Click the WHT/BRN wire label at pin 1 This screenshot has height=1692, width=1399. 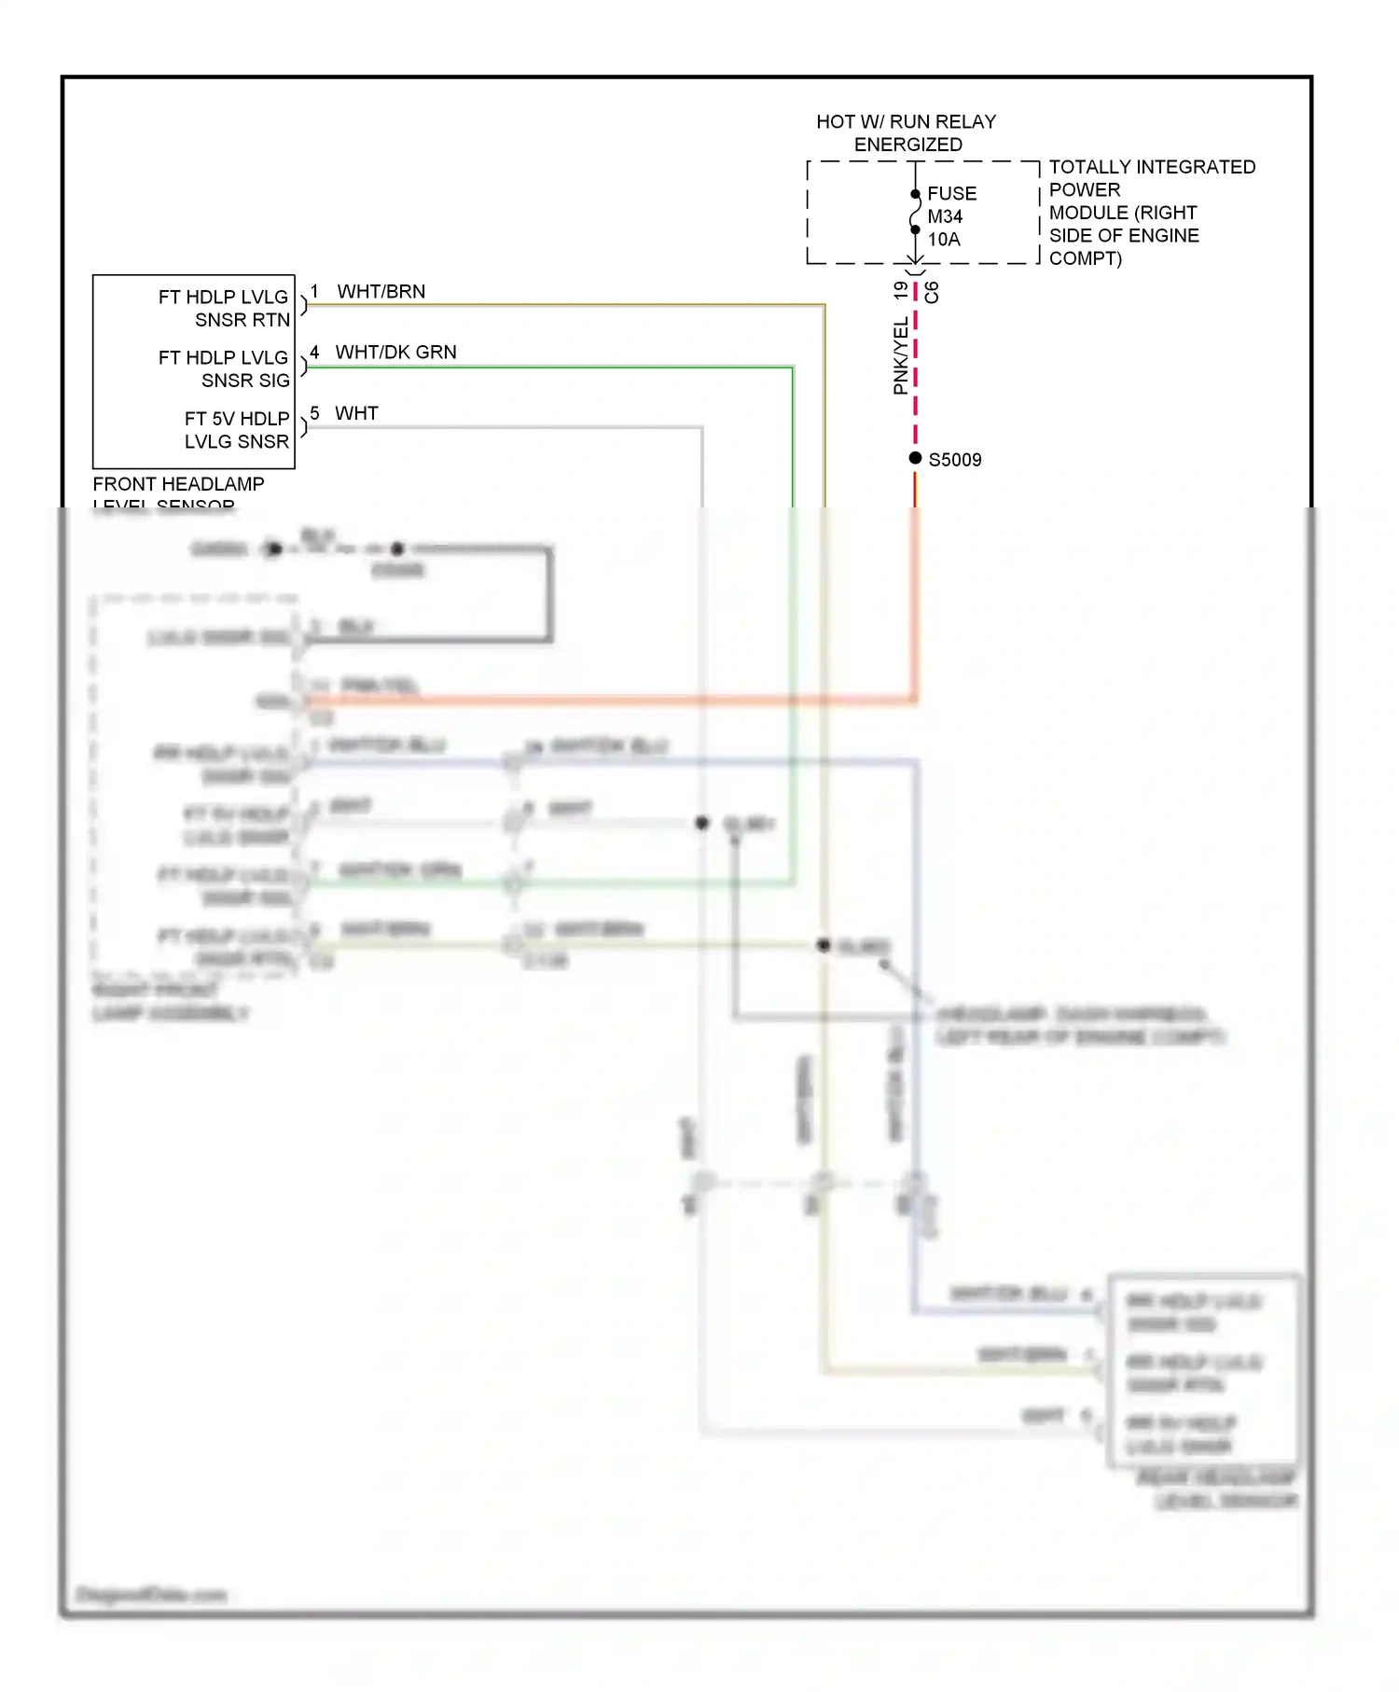click(x=381, y=292)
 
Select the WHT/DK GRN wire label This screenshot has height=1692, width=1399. click(x=395, y=353)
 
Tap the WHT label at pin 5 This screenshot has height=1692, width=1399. click(x=356, y=413)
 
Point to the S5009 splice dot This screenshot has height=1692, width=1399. click(x=915, y=458)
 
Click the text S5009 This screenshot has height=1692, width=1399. click(x=954, y=460)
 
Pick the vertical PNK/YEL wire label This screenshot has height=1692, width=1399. click(x=900, y=355)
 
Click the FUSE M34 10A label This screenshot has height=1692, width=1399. click(x=951, y=216)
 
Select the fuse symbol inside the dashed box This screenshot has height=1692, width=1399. click(x=915, y=213)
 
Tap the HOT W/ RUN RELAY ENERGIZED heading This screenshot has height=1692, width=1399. click(x=906, y=133)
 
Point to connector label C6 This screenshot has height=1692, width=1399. click(x=931, y=293)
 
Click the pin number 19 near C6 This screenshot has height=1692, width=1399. click(x=900, y=291)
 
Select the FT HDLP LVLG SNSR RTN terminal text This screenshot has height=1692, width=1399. click(x=224, y=309)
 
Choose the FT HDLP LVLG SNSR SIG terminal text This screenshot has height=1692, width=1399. click(x=224, y=369)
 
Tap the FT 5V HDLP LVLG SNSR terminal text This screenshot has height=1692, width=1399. click(x=236, y=430)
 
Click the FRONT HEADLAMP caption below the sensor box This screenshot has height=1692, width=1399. click(x=178, y=484)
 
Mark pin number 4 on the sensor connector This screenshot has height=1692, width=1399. click(x=314, y=353)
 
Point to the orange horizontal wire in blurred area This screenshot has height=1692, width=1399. click(x=606, y=700)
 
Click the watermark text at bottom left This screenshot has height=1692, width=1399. click(x=150, y=1594)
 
